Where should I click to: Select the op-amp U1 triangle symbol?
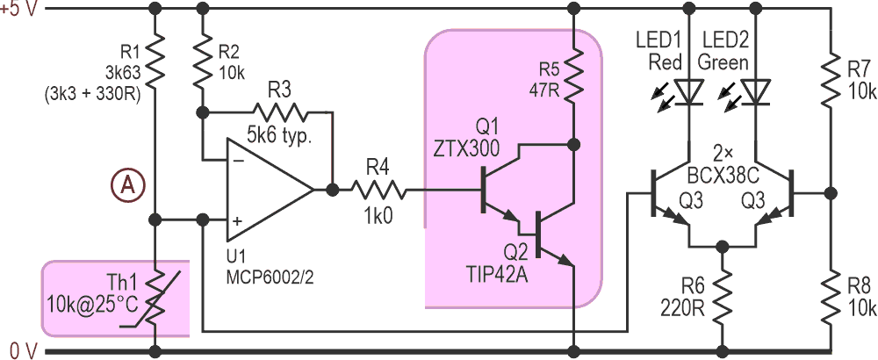coord(263,189)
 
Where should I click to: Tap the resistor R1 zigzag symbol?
coord(155,60)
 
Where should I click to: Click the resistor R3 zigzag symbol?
coord(282,112)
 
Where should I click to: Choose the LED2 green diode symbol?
coord(753,89)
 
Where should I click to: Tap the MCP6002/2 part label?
coord(264,275)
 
